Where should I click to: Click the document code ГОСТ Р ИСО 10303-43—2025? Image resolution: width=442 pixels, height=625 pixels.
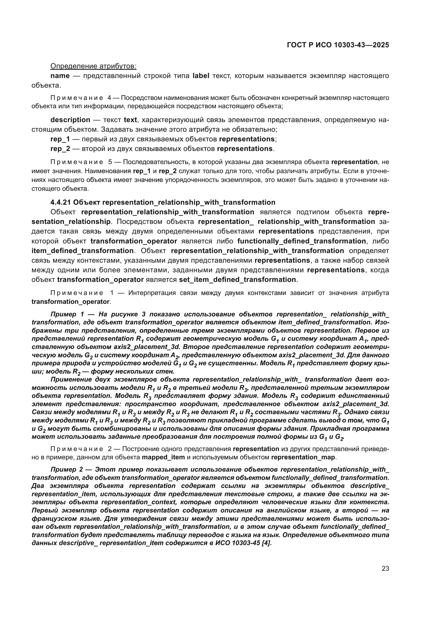click(x=338, y=45)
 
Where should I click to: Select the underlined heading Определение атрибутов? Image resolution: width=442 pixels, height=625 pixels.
click(x=93, y=66)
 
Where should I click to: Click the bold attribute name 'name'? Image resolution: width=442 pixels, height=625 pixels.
click(x=60, y=76)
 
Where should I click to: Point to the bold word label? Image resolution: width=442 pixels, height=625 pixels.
click(x=201, y=76)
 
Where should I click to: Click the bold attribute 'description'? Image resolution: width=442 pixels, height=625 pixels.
click(x=70, y=120)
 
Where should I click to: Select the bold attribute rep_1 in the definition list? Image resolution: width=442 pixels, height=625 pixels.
click(x=60, y=139)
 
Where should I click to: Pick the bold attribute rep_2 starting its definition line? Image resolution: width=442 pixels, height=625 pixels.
click(x=60, y=149)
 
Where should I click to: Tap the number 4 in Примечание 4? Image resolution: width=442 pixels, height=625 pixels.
click(x=109, y=98)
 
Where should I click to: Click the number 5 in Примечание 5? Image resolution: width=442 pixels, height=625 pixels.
click(x=110, y=162)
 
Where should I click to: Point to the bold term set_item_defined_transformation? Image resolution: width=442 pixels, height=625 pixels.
click(x=237, y=279)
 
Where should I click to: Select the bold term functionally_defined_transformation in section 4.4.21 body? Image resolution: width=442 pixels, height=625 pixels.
click(x=301, y=241)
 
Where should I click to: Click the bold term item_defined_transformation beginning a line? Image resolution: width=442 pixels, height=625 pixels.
click(x=83, y=250)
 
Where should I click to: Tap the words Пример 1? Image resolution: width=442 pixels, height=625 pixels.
click(x=67, y=314)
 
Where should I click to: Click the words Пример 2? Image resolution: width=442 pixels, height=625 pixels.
click(x=67, y=469)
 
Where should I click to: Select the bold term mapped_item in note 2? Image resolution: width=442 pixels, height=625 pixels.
click(x=163, y=457)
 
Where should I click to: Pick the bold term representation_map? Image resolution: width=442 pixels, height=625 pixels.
click(x=303, y=457)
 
